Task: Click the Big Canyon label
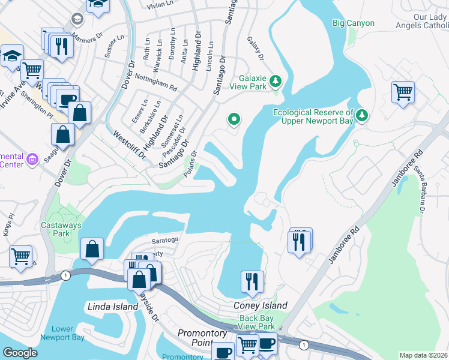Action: point(354,23)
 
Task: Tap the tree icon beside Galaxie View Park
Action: point(276,80)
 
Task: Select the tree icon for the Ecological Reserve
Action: point(361,114)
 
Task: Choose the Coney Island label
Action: point(260,305)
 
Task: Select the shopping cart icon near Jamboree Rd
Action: point(403,92)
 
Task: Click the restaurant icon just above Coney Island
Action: point(253,280)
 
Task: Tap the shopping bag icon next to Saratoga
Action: point(92,249)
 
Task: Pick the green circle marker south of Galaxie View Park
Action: point(234,120)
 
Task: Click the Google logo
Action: point(20,352)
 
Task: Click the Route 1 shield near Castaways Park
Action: point(64,275)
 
